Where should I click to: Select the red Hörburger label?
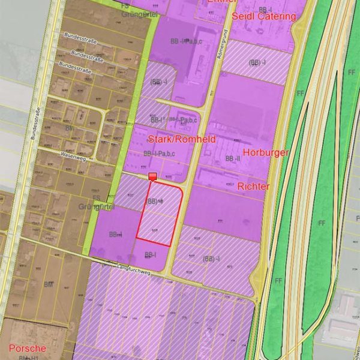pyautogui.click(x=266, y=152)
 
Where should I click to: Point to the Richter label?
pyautogui.click(x=253, y=187)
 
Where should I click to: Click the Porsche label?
pyautogui.click(x=27, y=348)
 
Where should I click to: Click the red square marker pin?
pyautogui.click(x=152, y=176)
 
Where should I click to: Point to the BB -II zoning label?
pyautogui.click(x=232, y=158)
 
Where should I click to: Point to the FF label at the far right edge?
pyautogui.click(x=351, y=73)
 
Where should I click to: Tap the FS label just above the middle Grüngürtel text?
pyautogui.click(x=96, y=197)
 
